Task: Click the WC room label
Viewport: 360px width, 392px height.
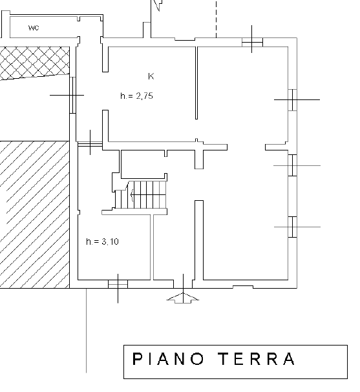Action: pos(34,28)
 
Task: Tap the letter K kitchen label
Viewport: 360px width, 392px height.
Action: pos(151,76)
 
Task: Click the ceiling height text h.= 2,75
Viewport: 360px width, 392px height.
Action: pos(136,96)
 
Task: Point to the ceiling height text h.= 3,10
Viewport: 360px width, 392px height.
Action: pos(102,242)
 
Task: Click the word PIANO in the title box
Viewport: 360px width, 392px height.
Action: pos(167,359)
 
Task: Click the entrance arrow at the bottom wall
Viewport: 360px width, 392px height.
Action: pos(183,296)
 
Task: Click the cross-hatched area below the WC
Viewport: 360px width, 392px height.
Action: pos(35,63)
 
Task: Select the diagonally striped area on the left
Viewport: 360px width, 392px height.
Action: pos(35,214)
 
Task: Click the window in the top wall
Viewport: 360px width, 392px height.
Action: pos(252,42)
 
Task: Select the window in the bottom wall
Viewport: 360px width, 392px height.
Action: pos(118,284)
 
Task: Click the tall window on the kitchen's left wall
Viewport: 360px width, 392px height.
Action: pos(72,95)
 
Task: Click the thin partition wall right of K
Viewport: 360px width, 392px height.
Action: pos(196,83)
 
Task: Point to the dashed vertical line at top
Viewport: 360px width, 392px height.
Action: pos(216,19)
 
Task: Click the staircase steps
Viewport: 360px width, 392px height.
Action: pos(141,195)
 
